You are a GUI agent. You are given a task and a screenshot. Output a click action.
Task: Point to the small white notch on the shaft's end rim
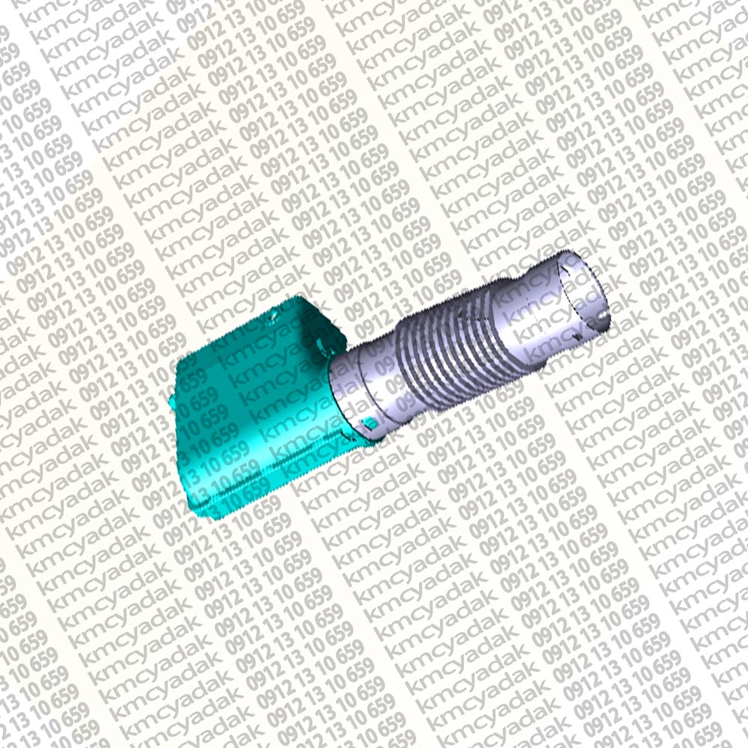(604, 315)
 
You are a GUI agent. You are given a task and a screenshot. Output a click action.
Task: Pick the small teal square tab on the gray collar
(369, 423)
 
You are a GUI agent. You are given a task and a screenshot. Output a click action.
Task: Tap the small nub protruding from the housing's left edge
(172, 401)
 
